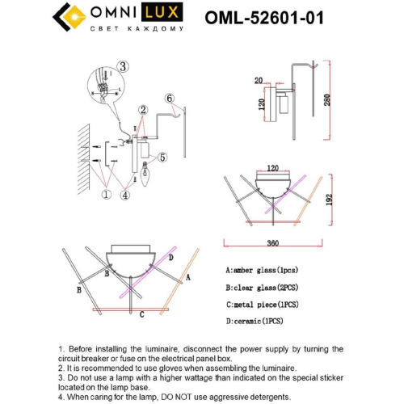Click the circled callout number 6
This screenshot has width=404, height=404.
tap(169, 99)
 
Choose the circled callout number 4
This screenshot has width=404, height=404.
tap(126, 194)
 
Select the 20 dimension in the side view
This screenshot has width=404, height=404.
tap(258, 81)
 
